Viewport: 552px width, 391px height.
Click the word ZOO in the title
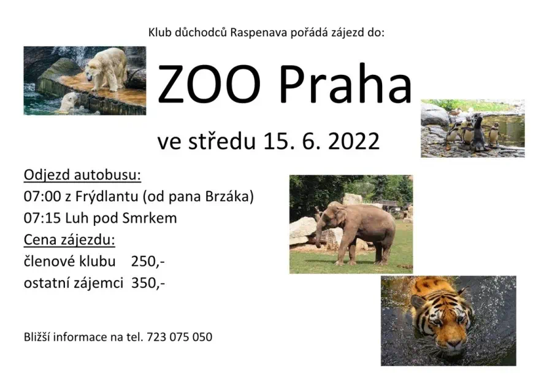tap(209, 85)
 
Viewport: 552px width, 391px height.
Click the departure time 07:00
tap(42, 196)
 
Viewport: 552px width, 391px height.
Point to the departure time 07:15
tap(42, 219)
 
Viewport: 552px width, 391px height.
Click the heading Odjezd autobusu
tap(82, 175)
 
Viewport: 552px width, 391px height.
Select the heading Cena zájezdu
tap(69, 240)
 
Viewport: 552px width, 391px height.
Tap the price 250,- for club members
tap(148, 261)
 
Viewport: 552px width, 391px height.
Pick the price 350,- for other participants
tap(148, 283)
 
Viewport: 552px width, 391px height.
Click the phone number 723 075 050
tap(180, 337)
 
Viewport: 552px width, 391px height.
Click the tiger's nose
tap(453, 343)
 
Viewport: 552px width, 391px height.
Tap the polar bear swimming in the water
tap(70, 102)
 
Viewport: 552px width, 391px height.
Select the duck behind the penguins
tap(456, 112)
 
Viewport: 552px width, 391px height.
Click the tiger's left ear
tap(418, 301)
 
